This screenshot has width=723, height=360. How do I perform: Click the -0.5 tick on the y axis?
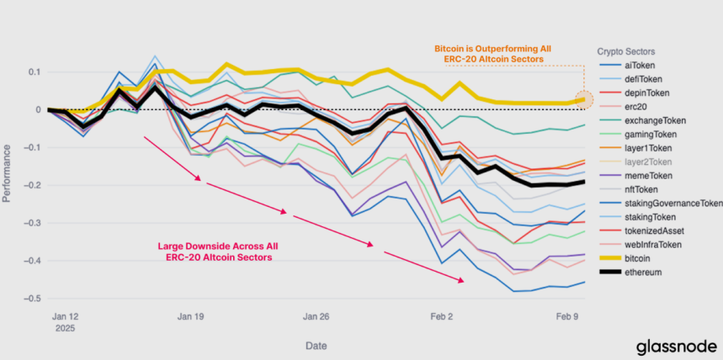coord(31,299)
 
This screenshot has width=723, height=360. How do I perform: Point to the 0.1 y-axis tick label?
coord(34,72)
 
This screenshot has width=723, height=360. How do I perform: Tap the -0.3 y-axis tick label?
coord(31,223)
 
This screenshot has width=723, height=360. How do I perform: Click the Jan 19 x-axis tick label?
coord(191,317)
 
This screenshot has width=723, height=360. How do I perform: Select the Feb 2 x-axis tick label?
coord(441,317)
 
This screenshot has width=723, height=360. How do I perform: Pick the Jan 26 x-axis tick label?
coord(316,317)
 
